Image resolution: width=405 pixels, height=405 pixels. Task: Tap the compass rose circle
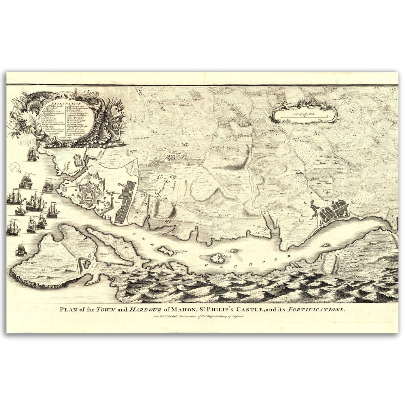coord(15,167)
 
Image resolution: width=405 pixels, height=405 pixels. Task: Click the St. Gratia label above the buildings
coord(301,170)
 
